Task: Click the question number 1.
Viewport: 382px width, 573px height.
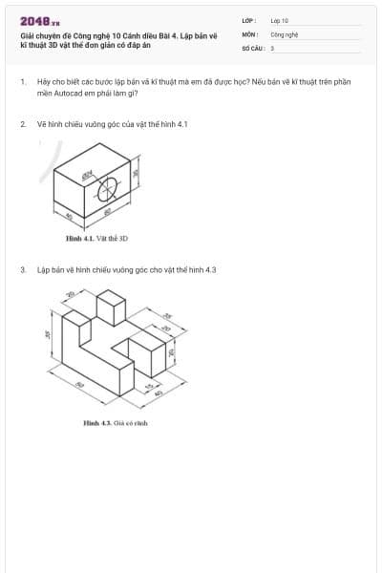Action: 22,82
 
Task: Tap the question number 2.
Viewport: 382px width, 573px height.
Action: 22,123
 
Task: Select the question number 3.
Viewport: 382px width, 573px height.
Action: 22,270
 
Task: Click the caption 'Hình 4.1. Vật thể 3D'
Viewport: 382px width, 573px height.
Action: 96,237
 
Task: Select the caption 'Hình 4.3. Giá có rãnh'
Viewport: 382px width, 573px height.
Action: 116,421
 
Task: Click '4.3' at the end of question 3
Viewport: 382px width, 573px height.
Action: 211,270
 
